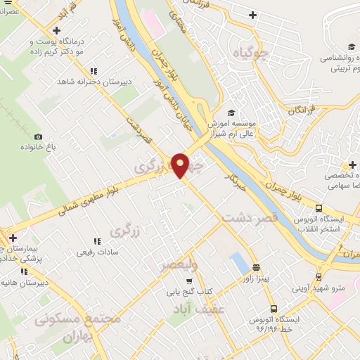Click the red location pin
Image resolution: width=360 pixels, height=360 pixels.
point(181,164)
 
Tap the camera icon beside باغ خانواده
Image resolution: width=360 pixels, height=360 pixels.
point(38,137)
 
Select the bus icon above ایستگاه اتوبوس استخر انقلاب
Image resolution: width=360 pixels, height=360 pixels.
point(319,208)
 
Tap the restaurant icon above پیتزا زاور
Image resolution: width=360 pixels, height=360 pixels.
point(256,267)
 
